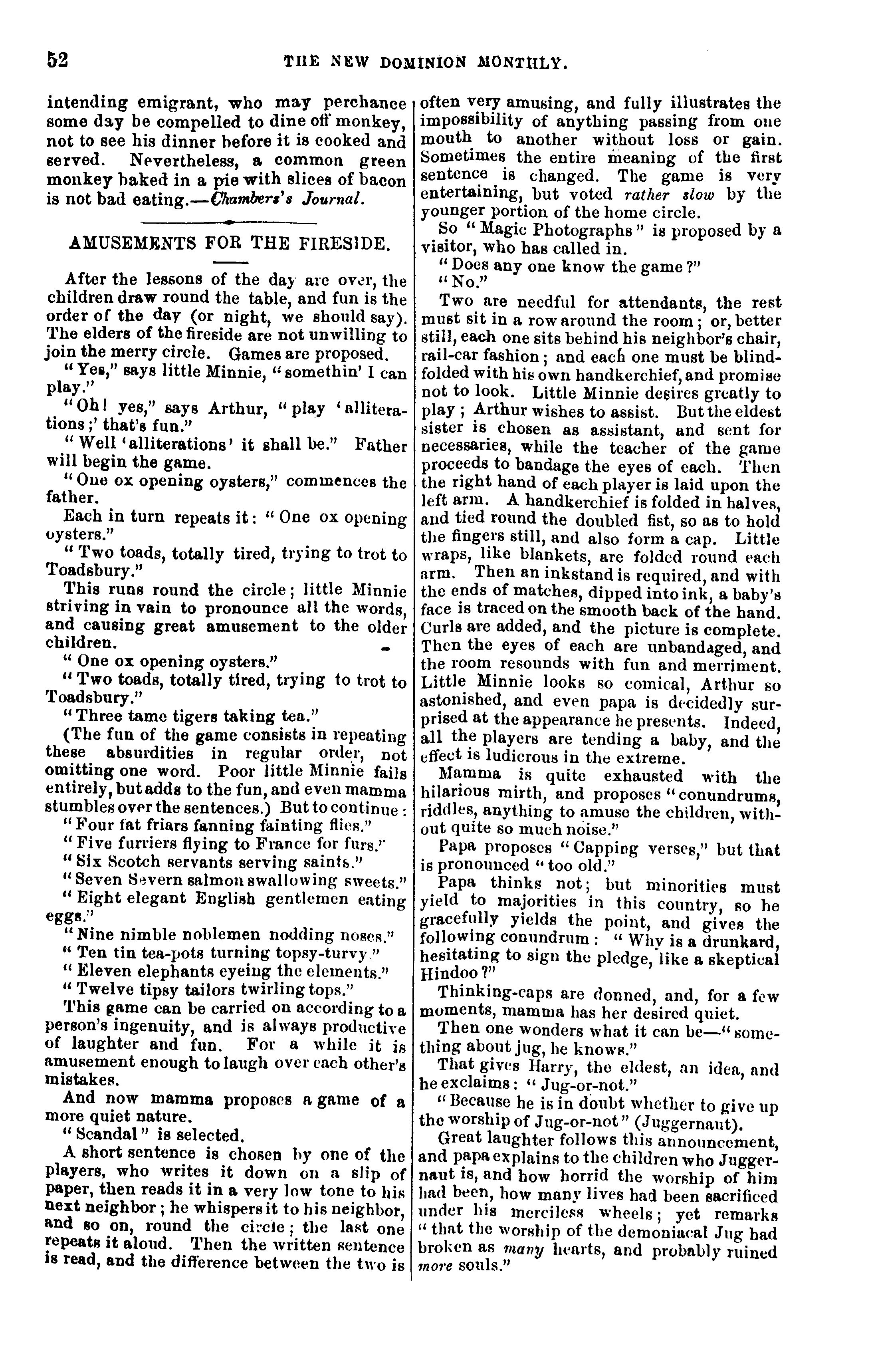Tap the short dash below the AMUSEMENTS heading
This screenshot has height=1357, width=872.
coord(230,262)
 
